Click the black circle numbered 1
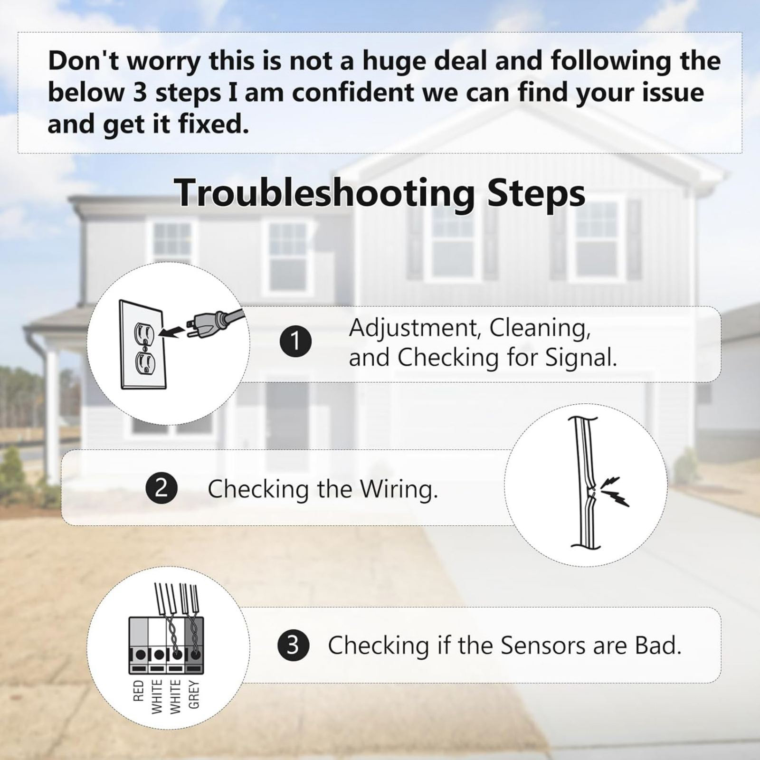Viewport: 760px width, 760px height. click(295, 342)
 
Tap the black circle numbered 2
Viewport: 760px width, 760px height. click(161, 489)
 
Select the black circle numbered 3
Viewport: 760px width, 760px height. click(293, 646)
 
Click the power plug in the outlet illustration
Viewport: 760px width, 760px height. click(214, 323)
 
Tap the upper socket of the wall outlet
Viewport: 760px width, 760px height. click(142, 331)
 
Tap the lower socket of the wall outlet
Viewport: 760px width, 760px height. click(142, 363)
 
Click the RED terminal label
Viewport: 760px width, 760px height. click(138, 691)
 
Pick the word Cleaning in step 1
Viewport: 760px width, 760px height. click(540, 328)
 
